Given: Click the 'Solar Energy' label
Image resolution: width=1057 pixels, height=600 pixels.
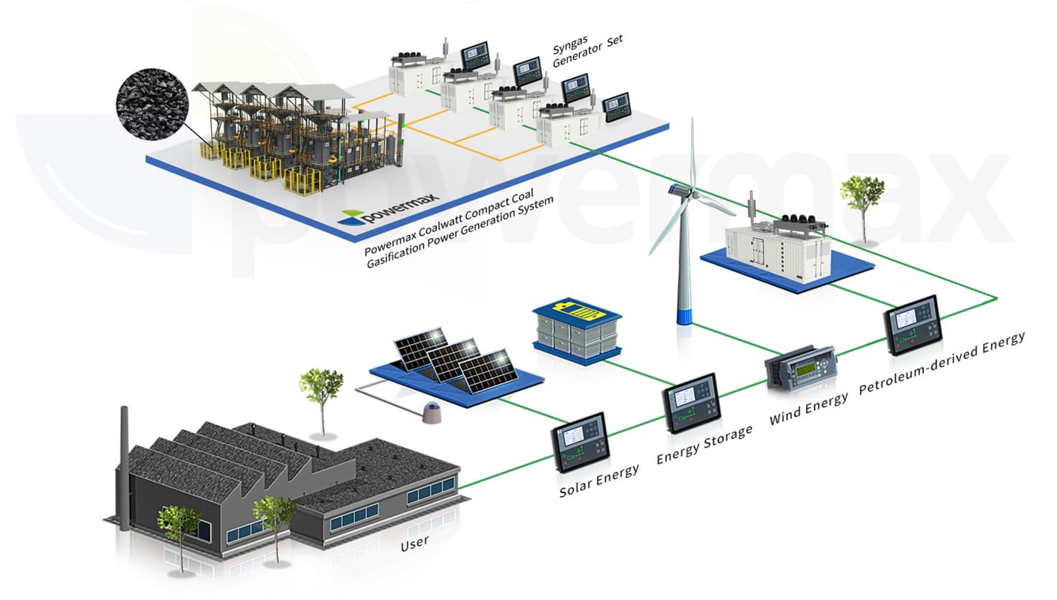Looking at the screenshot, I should [x=599, y=480].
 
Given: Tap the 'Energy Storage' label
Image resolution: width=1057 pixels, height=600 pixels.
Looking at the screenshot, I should [x=704, y=444].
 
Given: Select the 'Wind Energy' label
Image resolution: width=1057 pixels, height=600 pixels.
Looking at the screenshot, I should [x=808, y=408].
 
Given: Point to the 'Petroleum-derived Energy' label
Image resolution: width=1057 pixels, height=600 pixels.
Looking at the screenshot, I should [x=942, y=362].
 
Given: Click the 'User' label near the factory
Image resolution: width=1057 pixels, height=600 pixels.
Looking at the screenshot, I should [x=414, y=543].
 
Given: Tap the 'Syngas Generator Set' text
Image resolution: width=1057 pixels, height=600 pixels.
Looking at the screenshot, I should [x=587, y=49].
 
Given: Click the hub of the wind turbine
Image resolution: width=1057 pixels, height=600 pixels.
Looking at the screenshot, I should [x=678, y=191].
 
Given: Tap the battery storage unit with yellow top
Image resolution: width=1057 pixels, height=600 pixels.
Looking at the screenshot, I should [x=577, y=329].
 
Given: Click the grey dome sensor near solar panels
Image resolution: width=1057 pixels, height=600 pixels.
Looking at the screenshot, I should [x=431, y=412].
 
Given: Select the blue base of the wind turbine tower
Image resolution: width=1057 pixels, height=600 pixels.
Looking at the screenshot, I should [x=686, y=315].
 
